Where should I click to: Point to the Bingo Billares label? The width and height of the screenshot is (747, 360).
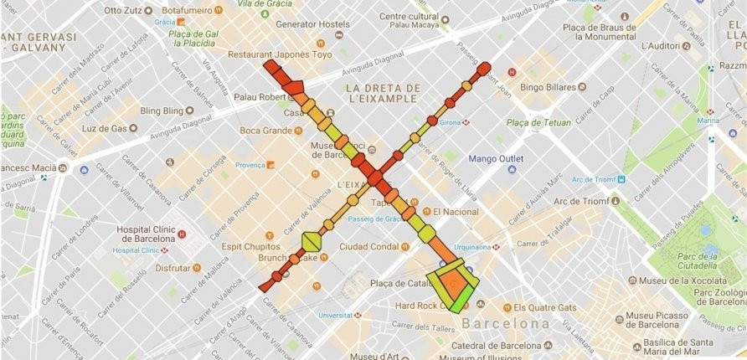coord(549,86)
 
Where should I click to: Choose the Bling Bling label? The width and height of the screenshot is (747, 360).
coord(161,111)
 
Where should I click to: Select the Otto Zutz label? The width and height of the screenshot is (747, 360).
coord(123,11)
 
